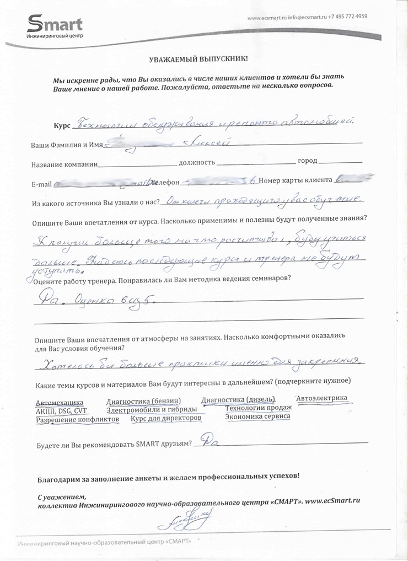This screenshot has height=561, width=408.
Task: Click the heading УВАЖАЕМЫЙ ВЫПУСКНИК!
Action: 199,58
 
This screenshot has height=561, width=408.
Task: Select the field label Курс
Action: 62,126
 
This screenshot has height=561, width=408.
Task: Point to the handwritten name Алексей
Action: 205,143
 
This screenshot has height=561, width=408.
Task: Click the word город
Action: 307,161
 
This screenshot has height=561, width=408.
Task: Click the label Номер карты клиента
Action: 294,180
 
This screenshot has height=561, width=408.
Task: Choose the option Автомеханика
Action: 59,402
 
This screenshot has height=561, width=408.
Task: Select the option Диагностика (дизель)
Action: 238,399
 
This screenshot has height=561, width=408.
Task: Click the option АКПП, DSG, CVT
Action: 61,411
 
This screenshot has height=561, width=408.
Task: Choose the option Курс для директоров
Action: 165,419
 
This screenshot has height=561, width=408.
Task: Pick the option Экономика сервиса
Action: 257,416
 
